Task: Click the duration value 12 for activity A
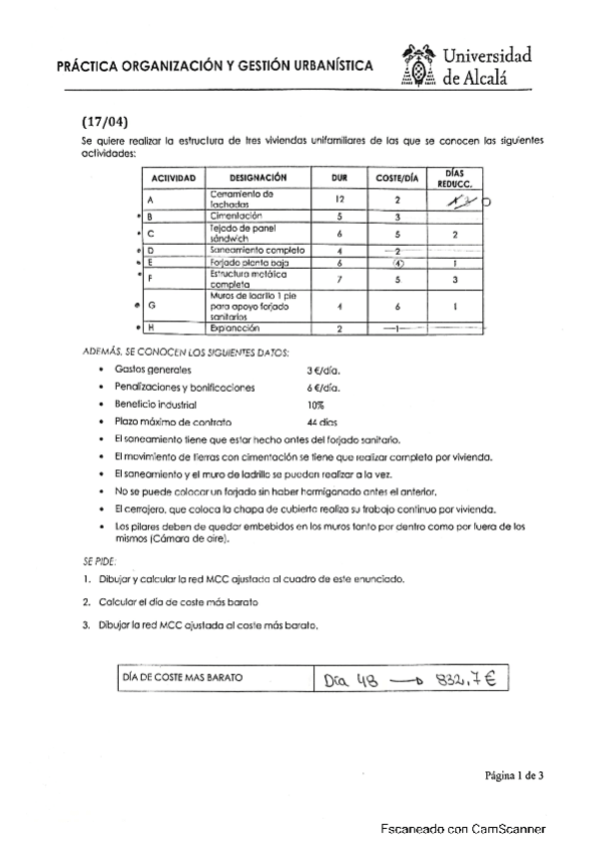tap(339, 199)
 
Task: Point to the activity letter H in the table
tap(150, 327)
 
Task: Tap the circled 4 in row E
tap(397, 264)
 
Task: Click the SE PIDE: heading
tap(101, 560)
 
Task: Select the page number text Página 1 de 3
tap(515, 774)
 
